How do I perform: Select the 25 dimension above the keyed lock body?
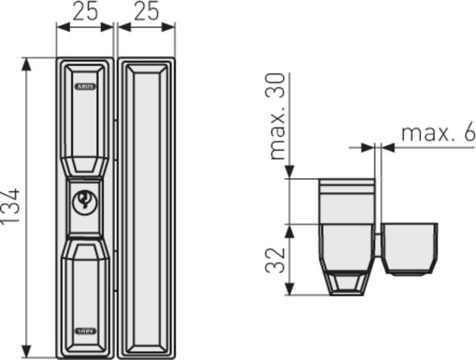tap(85, 11)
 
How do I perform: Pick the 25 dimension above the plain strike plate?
tap(145, 11)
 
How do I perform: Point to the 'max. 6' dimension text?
tap(438, 133)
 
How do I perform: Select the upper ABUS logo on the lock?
tap(85, 87)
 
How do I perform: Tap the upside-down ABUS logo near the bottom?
tap(85, 330)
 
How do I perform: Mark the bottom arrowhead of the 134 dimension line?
tap(26, 352)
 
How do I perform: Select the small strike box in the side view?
tap(410, 246)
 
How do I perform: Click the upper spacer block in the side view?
tap(346, 200)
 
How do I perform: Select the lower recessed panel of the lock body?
tap(85, 291)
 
